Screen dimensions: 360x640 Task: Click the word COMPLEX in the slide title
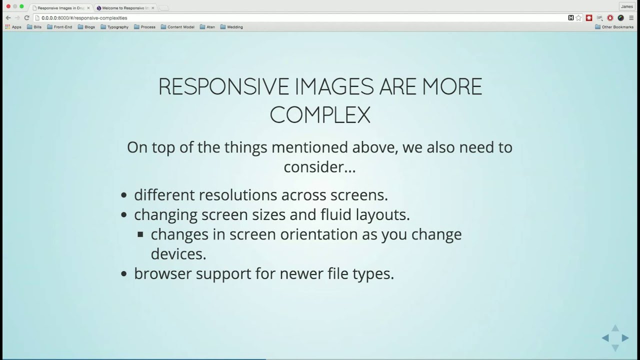click(320, 115)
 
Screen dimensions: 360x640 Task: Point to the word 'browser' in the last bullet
click(162, 273)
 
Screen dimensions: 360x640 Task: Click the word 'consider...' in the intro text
click(319, 167)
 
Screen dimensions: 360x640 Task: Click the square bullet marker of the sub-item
click(140, 234)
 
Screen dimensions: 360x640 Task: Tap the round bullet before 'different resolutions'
click(124, 195)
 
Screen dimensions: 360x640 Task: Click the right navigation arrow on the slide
click(625, 338)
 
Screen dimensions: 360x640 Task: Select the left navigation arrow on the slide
click(605, 338)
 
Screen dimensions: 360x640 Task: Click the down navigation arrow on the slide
click(615, 347)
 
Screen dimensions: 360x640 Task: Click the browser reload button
click(27, 18)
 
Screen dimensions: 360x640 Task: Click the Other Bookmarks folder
click(614, 27)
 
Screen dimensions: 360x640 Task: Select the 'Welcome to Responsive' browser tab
click(125, 8)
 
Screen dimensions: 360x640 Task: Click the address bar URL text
click(84, 18)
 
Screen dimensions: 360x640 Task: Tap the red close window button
click(8, 6)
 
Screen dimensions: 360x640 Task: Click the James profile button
click(626, 6)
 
